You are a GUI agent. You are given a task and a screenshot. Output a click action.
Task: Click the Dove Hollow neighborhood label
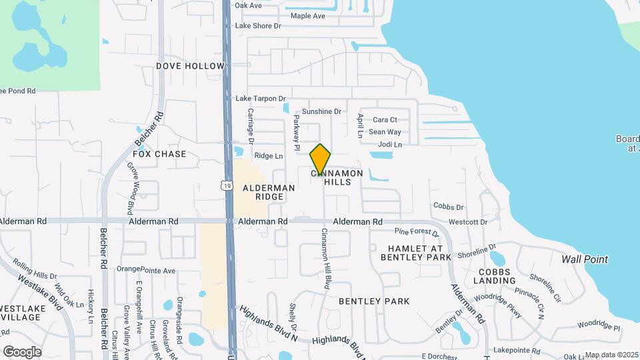[181, 66]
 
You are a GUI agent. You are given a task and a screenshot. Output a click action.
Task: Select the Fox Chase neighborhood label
[159, 154]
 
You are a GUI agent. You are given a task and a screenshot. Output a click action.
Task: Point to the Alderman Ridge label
[269, 193]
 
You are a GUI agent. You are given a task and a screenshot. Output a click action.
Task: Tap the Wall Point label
[585, 259]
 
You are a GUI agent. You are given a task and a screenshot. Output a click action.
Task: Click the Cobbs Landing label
[494, 276]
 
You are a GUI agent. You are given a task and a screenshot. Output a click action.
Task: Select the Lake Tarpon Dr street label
[261, 98]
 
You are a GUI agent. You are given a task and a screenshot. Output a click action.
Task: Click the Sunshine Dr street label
[321, 111]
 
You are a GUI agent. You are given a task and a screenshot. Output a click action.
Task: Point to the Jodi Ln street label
[390, 144]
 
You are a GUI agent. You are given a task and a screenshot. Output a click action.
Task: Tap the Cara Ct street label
[385, 120]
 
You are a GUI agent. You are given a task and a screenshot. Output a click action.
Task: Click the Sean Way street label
[385, 132]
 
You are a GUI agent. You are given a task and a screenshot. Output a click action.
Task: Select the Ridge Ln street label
[269, 155]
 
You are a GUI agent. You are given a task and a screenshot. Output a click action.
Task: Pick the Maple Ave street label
[307, 15]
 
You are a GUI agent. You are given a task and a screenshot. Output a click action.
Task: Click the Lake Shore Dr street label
[259, 26]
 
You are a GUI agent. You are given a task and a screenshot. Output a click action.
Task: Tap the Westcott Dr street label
[468, 221]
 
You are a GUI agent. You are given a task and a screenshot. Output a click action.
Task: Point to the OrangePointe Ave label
[146, 270]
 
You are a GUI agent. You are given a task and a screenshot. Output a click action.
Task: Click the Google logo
[22, 352]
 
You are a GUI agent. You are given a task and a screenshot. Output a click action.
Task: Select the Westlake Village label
[21, 313]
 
